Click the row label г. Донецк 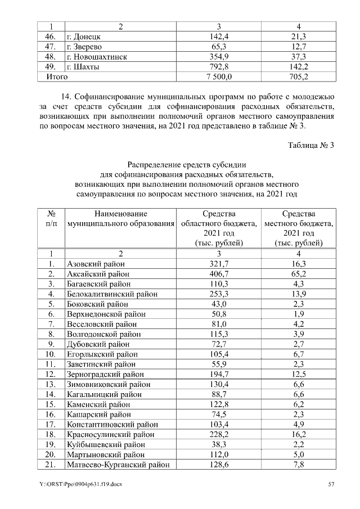pos(83,37)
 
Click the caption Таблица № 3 pos(311,146)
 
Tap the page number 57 pos(331,484)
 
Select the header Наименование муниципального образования pos(120,218)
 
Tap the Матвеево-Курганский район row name pos(118,465)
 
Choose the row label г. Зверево pos(84,47)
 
